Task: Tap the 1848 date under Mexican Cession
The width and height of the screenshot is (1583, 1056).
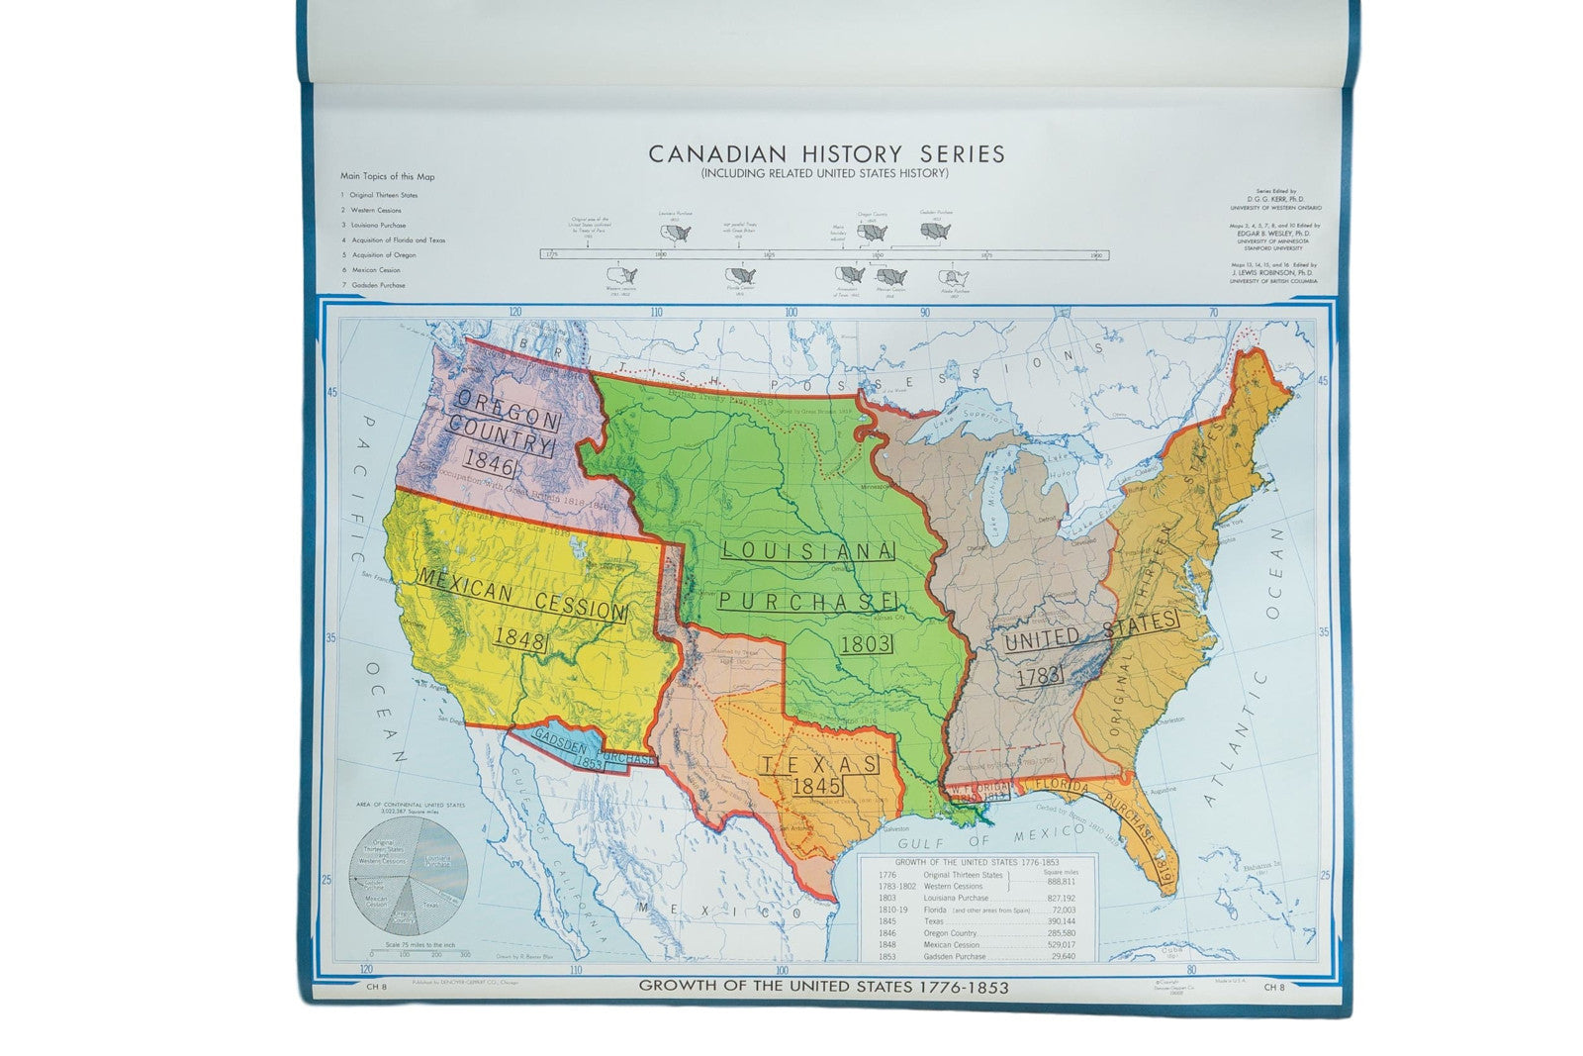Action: click(520, 640)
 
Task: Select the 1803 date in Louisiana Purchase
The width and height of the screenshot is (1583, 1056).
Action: click(866, 644)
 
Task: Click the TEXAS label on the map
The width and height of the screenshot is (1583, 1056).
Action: click(818, 764)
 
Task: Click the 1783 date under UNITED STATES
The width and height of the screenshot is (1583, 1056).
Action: click(1038, 676)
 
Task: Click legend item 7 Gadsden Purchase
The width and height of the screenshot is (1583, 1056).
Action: click(376, 285)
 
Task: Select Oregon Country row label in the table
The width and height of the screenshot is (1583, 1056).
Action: click(949, 933)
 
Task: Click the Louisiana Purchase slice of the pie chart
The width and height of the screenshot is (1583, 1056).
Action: click(436, 862)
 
